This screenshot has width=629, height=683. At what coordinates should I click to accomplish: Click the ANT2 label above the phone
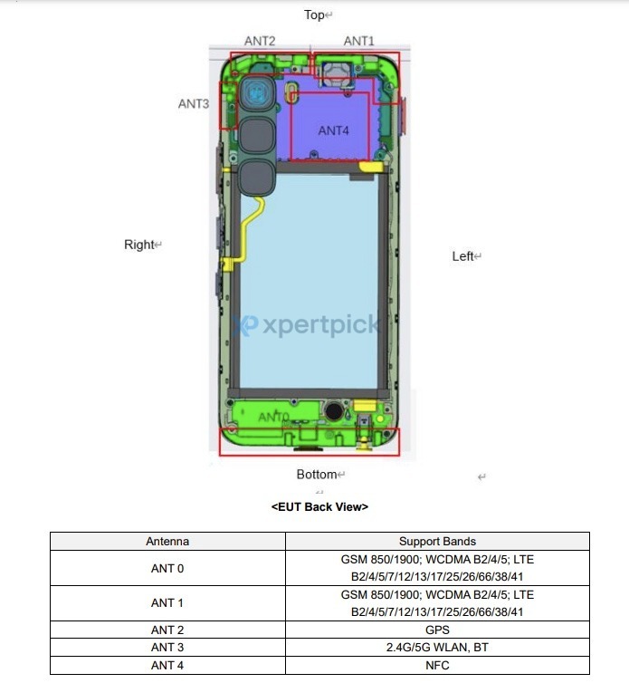[x=260, y=41]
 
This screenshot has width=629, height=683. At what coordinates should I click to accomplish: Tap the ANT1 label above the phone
[x=358, y=41]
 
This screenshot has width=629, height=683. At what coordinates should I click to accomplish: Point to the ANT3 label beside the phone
[x=194, y=103]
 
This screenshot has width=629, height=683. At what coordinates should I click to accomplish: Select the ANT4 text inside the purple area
[x=333, y=130]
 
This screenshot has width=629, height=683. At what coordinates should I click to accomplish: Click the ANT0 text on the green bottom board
[x=274, y=418]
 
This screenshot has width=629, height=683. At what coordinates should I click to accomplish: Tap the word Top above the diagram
[x=314, y=14]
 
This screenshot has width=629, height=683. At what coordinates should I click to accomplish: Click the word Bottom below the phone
[x=317, y=475]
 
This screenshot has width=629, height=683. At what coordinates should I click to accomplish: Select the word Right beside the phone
[x=139, y=245]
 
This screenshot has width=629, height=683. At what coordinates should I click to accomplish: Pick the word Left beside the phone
[x=462, y=256]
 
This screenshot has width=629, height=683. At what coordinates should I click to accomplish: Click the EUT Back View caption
[x=319, y=507]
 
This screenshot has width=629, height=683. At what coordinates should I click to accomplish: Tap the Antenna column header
[x=167, y=542]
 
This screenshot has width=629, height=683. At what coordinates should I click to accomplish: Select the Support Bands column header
[x=437, y=542]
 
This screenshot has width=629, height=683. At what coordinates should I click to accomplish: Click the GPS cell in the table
[x=437, y=630]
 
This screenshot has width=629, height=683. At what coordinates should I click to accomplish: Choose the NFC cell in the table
[x=437, y=666]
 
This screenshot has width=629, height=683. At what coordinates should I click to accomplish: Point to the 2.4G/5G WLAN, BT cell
[x=437, y=648]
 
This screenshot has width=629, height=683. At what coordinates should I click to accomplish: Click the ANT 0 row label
[x=167, y=569]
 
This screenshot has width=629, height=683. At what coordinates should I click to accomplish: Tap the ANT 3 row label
[x=167, y=648]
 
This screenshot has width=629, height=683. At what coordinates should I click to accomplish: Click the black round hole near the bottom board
[x=334, y=411]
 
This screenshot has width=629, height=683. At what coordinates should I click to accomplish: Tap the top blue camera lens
[x=256, y=94]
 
